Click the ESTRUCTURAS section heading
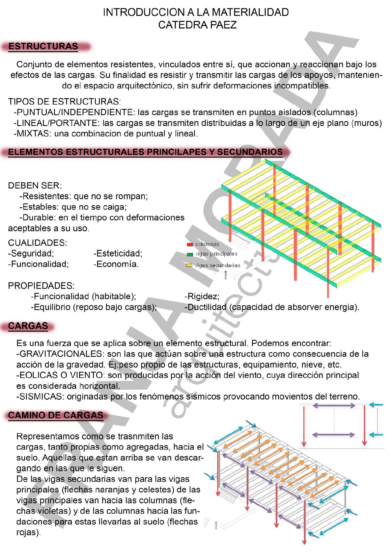(x=43, y=46)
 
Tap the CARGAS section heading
(x=28, y=326)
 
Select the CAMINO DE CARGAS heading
(x=56, y=415)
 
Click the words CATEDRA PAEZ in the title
(x=197, y=25)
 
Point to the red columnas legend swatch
(x=190, y=244)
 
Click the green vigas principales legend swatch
(x=190, y=254)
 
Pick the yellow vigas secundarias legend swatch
(x=189, y=265)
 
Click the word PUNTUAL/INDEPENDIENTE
(x=75, y=113)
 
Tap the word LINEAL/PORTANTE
(x=57, y=123)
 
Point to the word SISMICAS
(x=40, y=397)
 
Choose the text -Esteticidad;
(x=118, y=253)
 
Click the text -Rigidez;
(x=202, y=296)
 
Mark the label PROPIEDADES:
(x=41, y=286)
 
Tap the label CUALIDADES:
(x=38, y=243)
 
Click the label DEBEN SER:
(x=35, y=186)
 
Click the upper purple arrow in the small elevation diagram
(x=334, y=406)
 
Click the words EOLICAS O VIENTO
(x=61, y=375)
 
